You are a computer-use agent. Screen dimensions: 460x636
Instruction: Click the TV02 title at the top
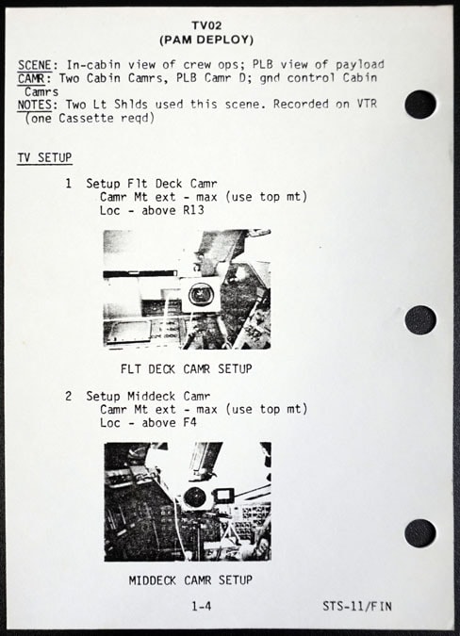206,25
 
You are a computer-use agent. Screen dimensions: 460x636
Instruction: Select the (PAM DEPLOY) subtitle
206,40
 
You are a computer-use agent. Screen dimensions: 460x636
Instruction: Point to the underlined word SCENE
35,65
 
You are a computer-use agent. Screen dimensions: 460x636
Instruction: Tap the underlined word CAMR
32,78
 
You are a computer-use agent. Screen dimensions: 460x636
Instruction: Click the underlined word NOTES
35,105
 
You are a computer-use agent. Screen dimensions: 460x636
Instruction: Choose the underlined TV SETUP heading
44,157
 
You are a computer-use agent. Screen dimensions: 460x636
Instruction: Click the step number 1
69,184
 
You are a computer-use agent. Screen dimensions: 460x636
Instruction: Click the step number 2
69,396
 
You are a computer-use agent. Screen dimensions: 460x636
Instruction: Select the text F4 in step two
189,423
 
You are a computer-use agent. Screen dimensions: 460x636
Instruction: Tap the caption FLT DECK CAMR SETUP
187,369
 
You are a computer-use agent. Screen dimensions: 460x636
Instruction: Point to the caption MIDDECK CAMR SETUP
190,580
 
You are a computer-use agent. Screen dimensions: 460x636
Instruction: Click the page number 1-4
202,607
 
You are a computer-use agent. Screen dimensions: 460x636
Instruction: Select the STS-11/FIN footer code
357,607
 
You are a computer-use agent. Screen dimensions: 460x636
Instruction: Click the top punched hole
420,105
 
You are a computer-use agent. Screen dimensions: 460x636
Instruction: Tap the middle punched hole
420,320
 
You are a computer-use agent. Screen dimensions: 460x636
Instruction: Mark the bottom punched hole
420,533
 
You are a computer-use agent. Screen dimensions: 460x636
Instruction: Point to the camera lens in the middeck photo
194,497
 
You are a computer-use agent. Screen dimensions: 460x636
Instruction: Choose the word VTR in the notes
367,104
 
